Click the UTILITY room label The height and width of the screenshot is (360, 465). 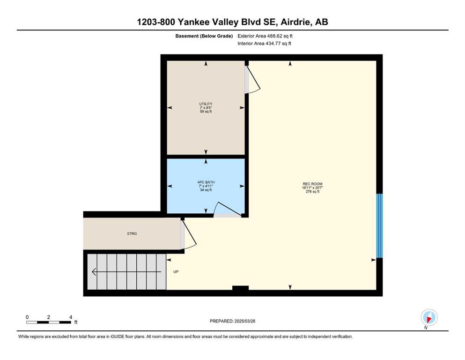[x=206, y=104]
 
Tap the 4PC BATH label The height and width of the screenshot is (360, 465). [x=206, y=182]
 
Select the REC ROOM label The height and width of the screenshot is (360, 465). [x=312, y=184]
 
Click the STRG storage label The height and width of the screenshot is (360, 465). [x=132, y=233]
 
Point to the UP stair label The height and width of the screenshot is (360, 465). [x=176, y=271]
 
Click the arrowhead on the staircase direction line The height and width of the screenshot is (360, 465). [x=94, y=271]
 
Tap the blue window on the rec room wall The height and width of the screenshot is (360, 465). [x=379, y=225]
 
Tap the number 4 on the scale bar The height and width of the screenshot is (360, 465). [x=71, y=317]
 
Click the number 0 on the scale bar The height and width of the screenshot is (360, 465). [x=27, y=317]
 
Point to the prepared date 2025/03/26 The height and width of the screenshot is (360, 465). [x=245, y=321]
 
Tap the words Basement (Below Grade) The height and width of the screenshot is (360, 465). [x=204, y=36]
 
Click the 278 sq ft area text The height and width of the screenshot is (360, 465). [x=312, y=192]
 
